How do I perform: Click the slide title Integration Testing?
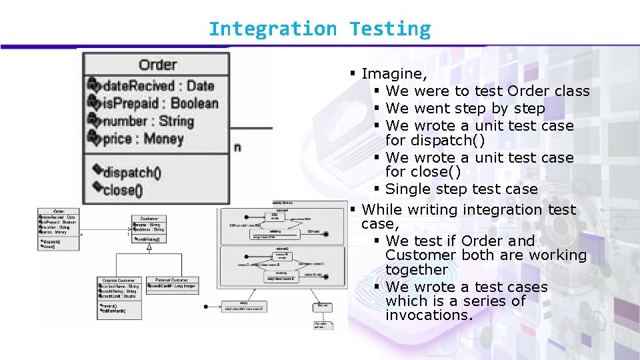click(319, 29)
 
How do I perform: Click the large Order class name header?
click(157, 65)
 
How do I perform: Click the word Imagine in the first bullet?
click(394, 73)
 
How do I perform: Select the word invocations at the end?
click(429, 315)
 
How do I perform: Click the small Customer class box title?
click(149, 219)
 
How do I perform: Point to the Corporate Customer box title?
click(117, 280)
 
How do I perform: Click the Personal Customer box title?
click(172, 280)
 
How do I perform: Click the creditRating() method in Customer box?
click(152, 239)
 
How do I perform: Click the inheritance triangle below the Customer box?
click(149, 247)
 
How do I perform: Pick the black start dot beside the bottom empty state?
click(207, 307)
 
